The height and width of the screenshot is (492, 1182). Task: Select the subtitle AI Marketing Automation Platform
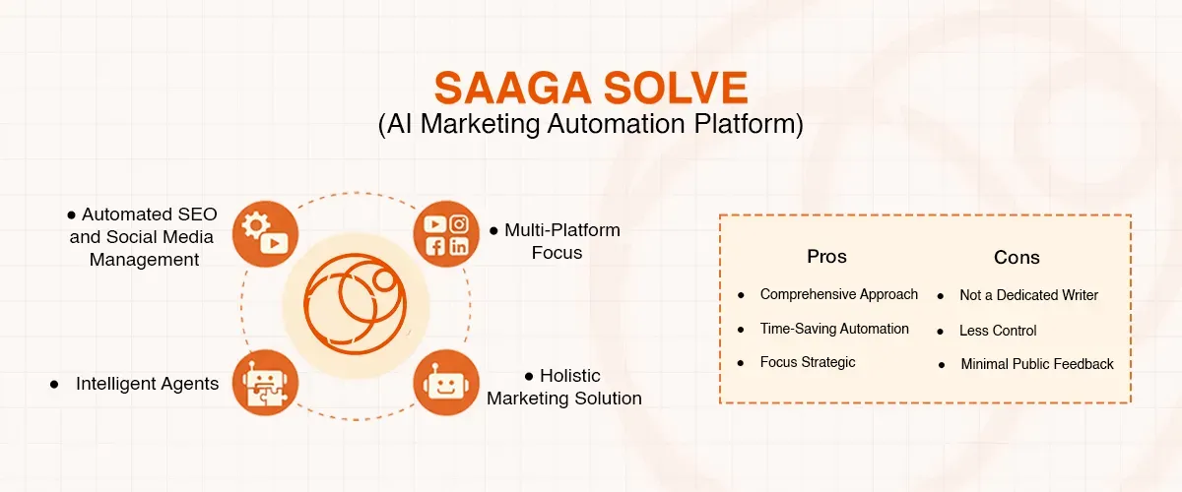coord(591,125)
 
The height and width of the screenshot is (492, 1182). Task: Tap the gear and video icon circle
coord(265,233)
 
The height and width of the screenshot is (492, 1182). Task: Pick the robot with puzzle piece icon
coord(265,383)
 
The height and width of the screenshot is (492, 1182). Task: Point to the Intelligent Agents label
coord(147,384)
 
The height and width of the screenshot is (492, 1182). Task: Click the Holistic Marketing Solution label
coord(564,387)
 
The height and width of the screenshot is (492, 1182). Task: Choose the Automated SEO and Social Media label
coord(144,236)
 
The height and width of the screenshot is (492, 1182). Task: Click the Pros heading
coord(826,257)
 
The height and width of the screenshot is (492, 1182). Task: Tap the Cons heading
coord(1017,258)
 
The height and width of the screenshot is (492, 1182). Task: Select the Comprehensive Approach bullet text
coord(838,294)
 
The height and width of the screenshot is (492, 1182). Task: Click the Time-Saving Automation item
coord(833,329)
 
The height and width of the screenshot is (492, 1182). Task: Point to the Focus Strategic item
coord(807,362)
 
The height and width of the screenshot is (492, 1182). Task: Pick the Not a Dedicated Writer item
coord(1028,295)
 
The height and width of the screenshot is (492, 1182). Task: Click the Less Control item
coord(998,331)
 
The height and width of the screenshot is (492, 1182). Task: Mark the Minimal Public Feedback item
coord(1037,364)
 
